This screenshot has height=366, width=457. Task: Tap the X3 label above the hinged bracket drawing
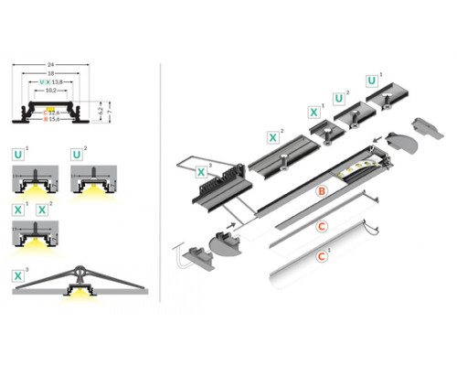[x=18, y=274]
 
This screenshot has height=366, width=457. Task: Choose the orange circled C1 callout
[x=321, y=258]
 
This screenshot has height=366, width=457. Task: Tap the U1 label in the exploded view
[x=371, y=81]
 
